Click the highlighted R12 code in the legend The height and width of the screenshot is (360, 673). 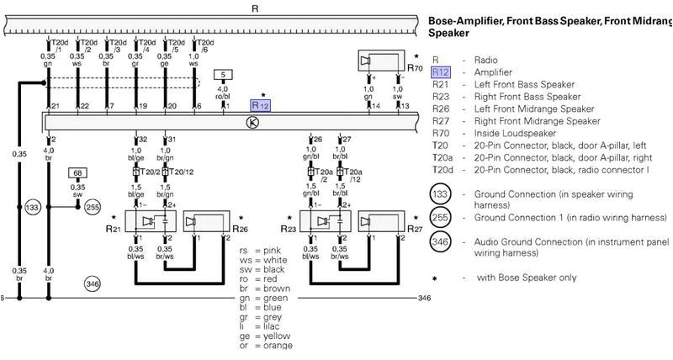(441, 72)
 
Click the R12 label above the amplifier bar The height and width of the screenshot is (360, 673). (260, 106)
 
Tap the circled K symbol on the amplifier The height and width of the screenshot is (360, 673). (250, 123)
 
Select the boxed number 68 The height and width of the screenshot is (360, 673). (77, 172)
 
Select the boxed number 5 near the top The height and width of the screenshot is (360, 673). (222, 75)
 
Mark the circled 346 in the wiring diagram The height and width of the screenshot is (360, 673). (93, 284)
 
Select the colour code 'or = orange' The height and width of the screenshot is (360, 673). (266, 346)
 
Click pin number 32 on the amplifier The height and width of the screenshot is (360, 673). (142, 139)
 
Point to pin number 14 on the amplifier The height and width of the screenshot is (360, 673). (376, 106)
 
